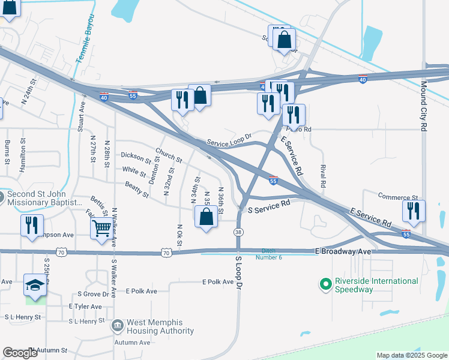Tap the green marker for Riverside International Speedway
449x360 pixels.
[x=326, y=283]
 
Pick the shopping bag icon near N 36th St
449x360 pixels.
[x=206, y=217]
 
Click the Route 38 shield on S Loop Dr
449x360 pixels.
[x=239, y=232]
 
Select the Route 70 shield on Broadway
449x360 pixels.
[x=166, y=253]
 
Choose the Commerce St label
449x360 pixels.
[x=398, y=197]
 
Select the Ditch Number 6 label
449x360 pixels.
[x=271, y=254]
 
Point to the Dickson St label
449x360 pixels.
[x=136, y=158]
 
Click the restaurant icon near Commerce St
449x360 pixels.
[x=414, y=211]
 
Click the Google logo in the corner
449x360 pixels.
[x=20, y=353]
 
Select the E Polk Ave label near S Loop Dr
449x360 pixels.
[x=218, y=281]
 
